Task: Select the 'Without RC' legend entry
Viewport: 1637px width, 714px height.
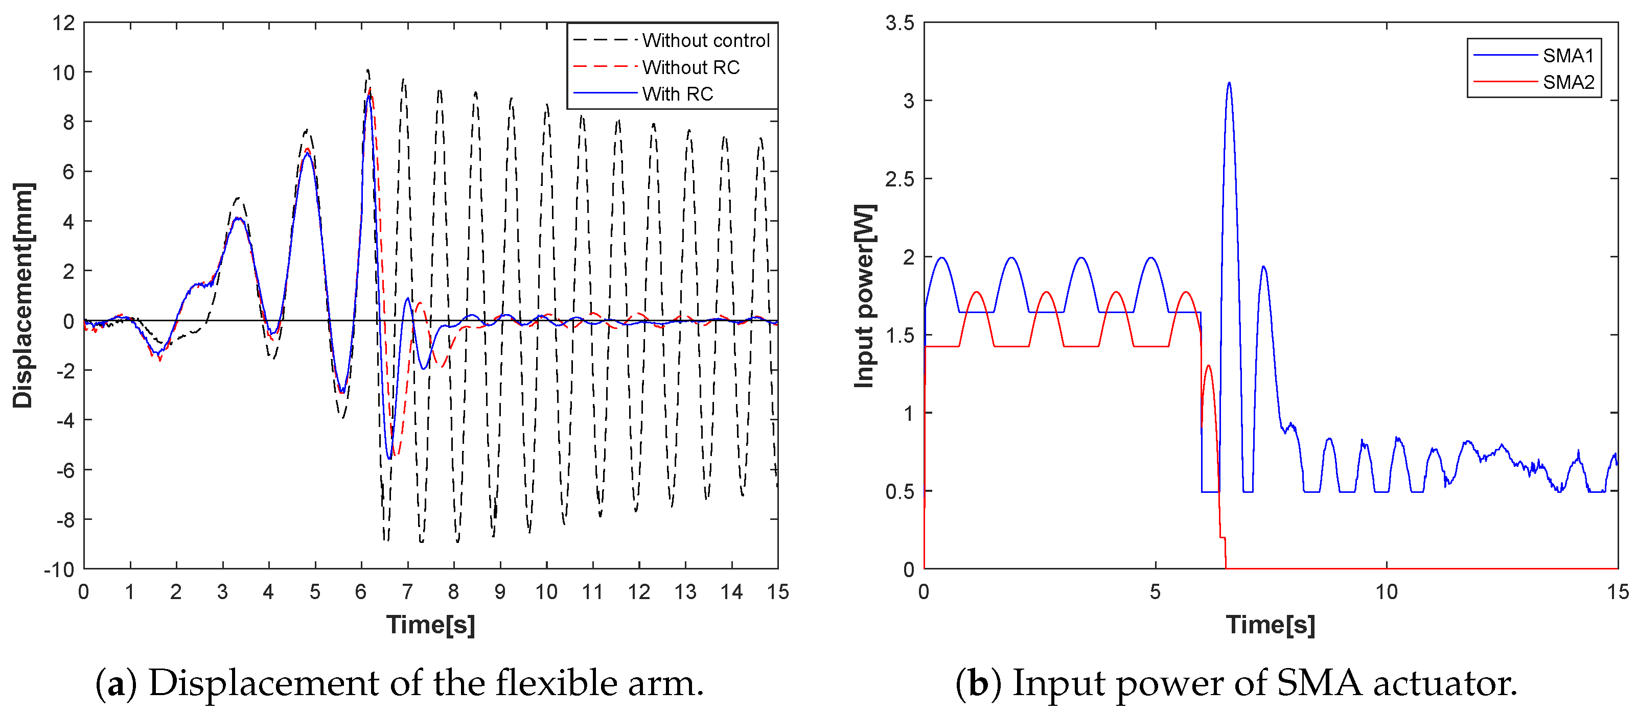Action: pos(691,67)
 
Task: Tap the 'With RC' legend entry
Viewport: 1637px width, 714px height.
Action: pos(677,94)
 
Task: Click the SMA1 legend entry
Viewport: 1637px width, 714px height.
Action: pos(1567,56)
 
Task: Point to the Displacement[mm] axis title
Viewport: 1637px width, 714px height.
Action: pos(23,295)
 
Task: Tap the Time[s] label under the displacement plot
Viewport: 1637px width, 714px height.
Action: pos(430,625)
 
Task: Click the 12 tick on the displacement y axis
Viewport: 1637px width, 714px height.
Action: pos(63,23)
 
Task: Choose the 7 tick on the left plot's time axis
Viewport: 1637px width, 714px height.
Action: pos(407,592)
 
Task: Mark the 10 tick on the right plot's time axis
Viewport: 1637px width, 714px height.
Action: pos(1386,592)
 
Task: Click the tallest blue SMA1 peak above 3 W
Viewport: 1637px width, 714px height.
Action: pos(1229,83)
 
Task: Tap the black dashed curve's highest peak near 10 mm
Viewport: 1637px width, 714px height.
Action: pos(367,70)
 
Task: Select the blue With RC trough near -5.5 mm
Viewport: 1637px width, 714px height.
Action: pos(389,458)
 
